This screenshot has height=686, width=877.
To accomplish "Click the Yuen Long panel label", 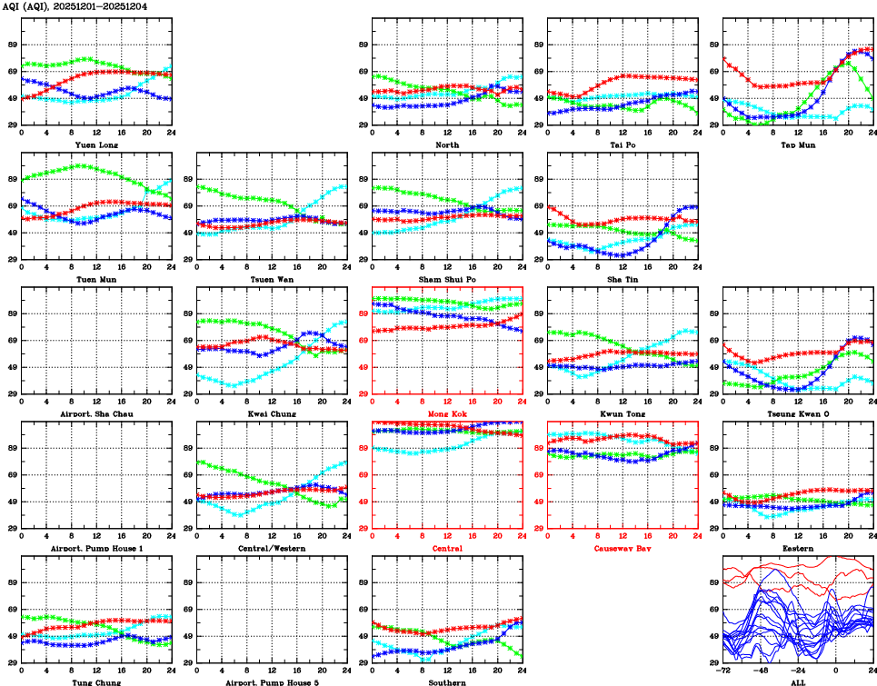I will tap(96, 144).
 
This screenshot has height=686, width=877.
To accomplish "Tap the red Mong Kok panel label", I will tap(446, 413).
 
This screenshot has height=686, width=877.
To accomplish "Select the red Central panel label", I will tap(446, 548).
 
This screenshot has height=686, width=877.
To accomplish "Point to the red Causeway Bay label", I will tap(622, 548).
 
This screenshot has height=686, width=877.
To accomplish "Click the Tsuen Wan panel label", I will tap(272, 279).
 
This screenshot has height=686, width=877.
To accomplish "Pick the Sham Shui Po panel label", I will tap(446, 279).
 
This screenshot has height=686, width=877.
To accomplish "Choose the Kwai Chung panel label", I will tap(272, 413).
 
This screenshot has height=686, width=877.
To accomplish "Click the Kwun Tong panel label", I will tap(622, 413).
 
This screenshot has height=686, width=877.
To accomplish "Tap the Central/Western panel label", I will tap(272, 548).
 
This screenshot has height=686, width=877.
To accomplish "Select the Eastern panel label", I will tap(797, 548).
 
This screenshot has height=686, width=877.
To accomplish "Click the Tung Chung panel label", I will tap(96, 681).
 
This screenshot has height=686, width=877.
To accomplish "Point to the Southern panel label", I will tap(446, 681).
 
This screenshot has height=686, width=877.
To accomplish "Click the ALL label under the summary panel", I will tap(797, 681).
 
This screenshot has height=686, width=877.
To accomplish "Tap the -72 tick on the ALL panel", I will tap(723, 671).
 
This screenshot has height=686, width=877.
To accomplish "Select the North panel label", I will tap(446, 144).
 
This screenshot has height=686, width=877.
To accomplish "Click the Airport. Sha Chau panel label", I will tap(96, 413).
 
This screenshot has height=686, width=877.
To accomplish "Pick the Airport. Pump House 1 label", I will tap(96, 548).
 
